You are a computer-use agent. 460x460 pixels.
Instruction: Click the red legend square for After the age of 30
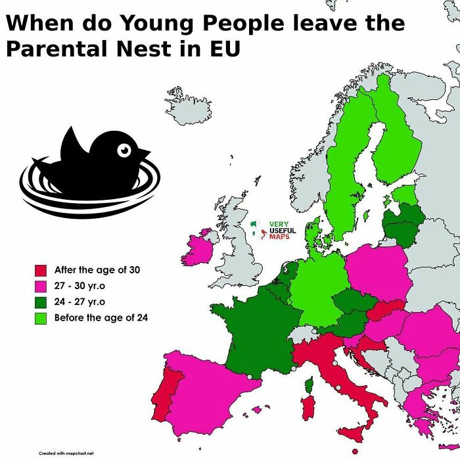click(x=40, y=270)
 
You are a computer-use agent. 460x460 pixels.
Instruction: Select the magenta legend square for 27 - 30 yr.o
click(x=40, y=286)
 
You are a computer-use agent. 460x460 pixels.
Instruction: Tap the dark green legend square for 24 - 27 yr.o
click(x=40, y=302)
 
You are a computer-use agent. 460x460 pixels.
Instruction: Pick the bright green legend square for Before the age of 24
click(x=40, y=318)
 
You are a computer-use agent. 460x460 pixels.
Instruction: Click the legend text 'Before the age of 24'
click(x=101, y=318)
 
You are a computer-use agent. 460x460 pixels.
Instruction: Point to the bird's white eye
click(x=124, y=150)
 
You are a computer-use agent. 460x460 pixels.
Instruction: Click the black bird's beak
click(x=142, y=153)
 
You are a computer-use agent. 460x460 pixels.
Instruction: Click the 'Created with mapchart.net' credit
click(x=66, y=453)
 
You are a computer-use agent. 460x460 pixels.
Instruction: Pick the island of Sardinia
click(x=304, y=407)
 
